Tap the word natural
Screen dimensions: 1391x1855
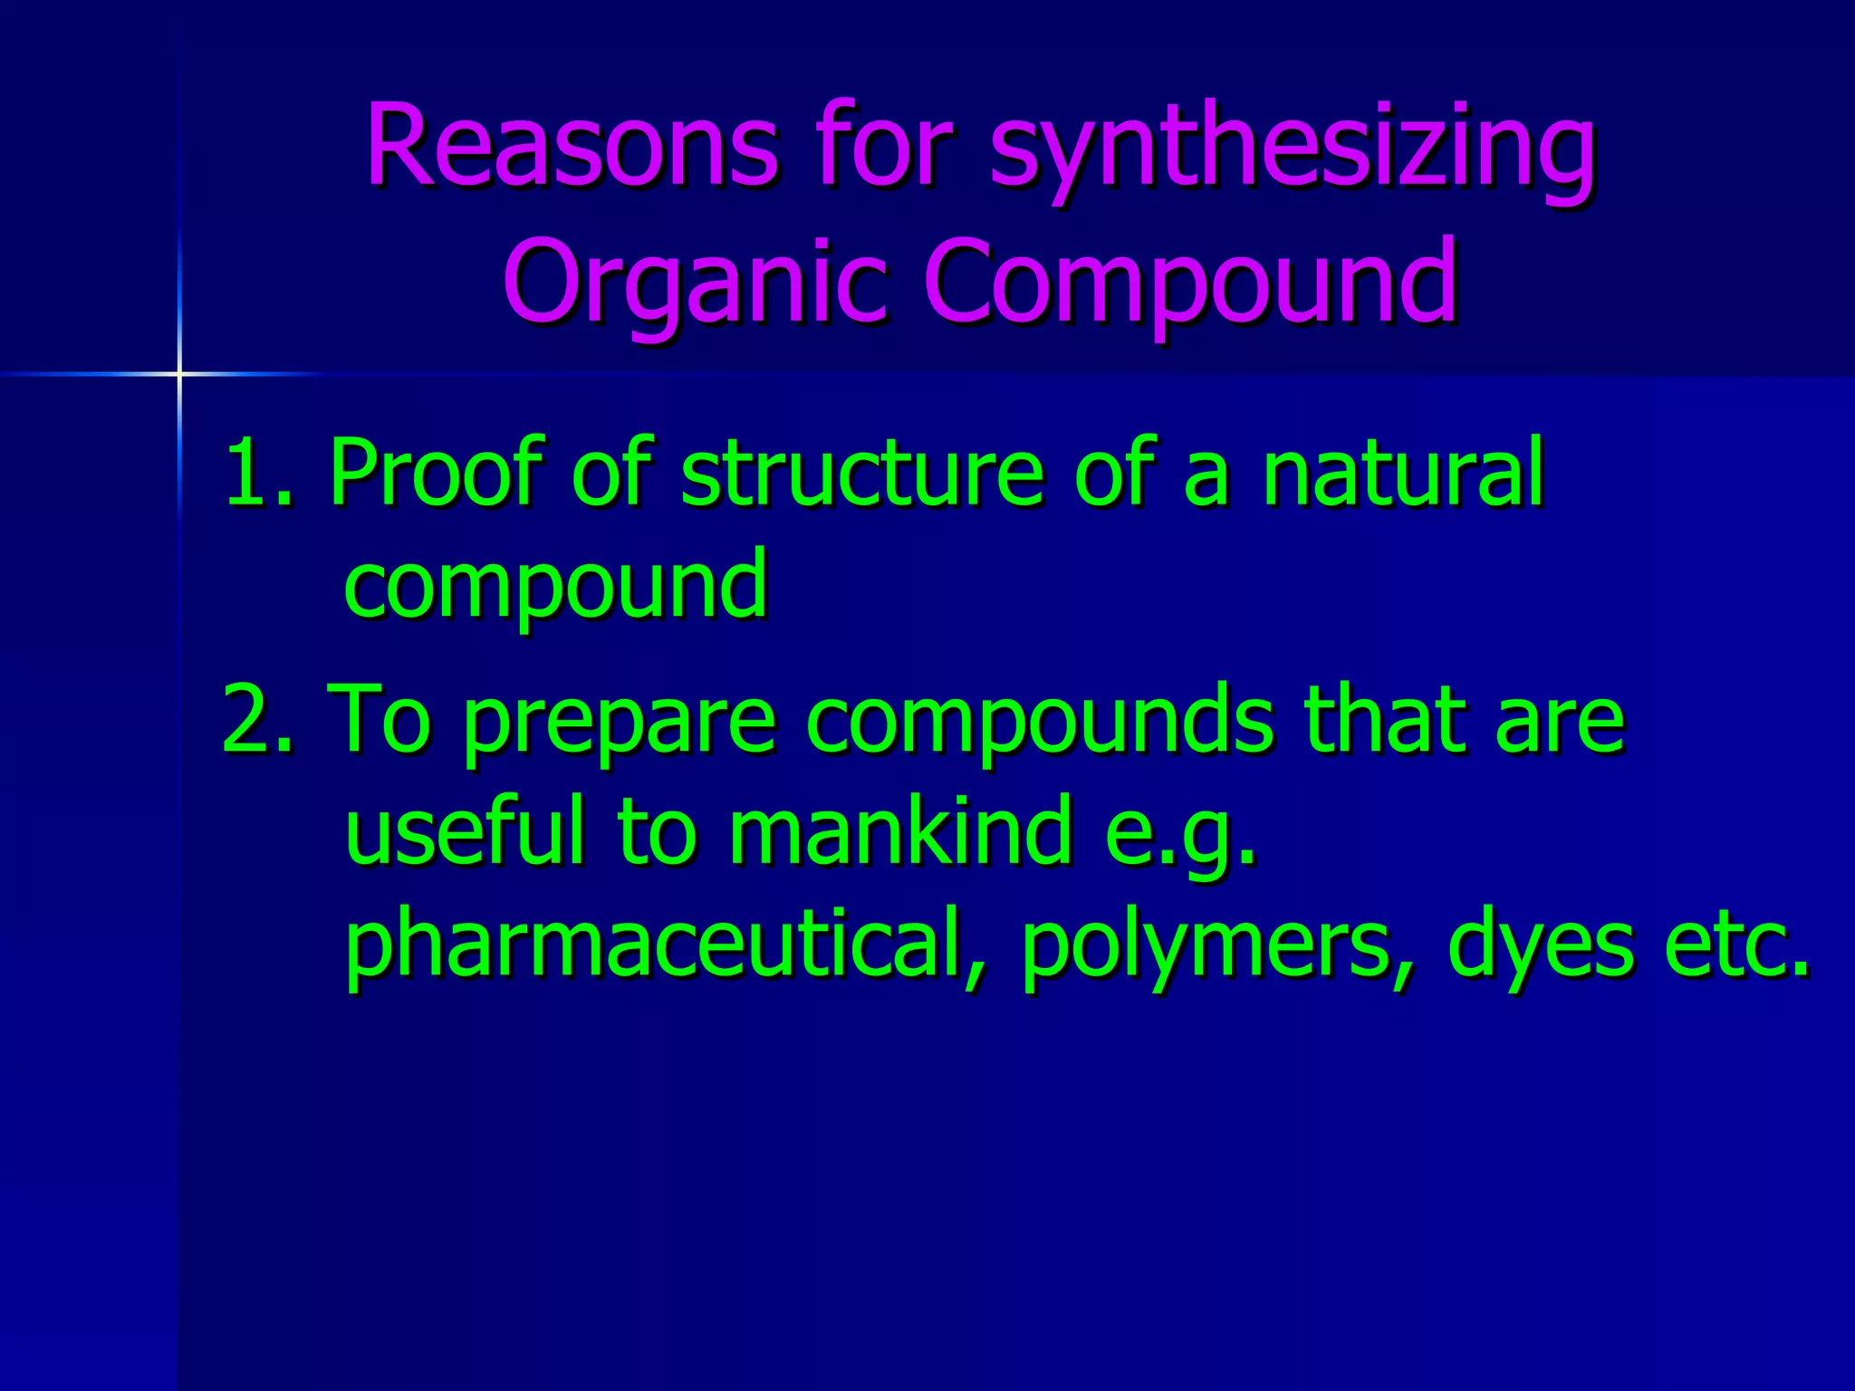pyautogui.click(x=1403, y=472)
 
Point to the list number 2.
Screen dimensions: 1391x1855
pyautogui.click(x=256, y=719)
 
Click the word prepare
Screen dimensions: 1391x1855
pyautogui.click(x=620, y=724)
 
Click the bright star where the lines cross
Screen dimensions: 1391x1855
pyautogui.click(x=179, y=373)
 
